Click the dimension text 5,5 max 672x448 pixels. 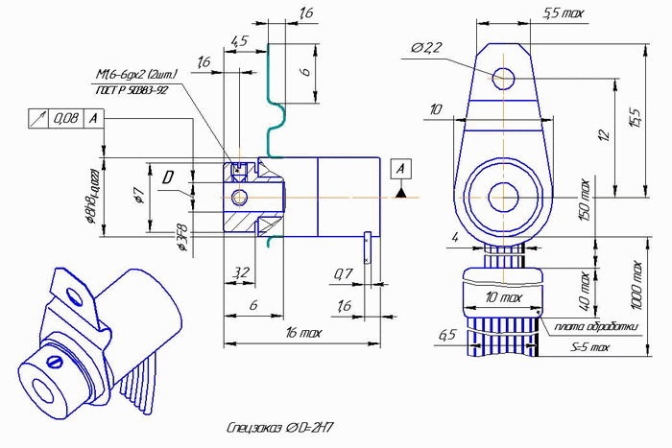pos(564,12)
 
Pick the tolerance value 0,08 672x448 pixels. pos(66,118)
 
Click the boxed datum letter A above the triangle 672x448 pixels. pos(401,168)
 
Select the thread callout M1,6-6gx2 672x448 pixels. pos(136,74)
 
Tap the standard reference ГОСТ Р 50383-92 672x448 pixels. pos(132,89)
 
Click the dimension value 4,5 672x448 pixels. pos(239,41)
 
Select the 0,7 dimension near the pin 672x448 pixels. pos(342,275)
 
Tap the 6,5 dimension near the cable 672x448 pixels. pos(446,335)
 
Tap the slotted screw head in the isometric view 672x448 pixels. pos(56,362)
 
